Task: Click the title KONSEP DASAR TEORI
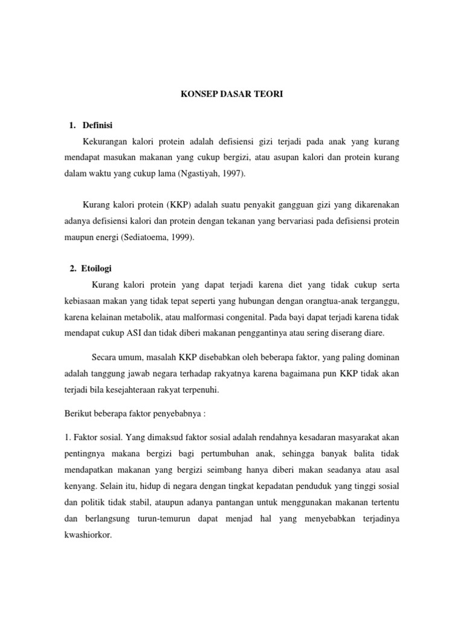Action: click(231, 95)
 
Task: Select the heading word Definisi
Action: click(98, 126)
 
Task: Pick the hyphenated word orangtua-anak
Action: click(316, 301)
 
